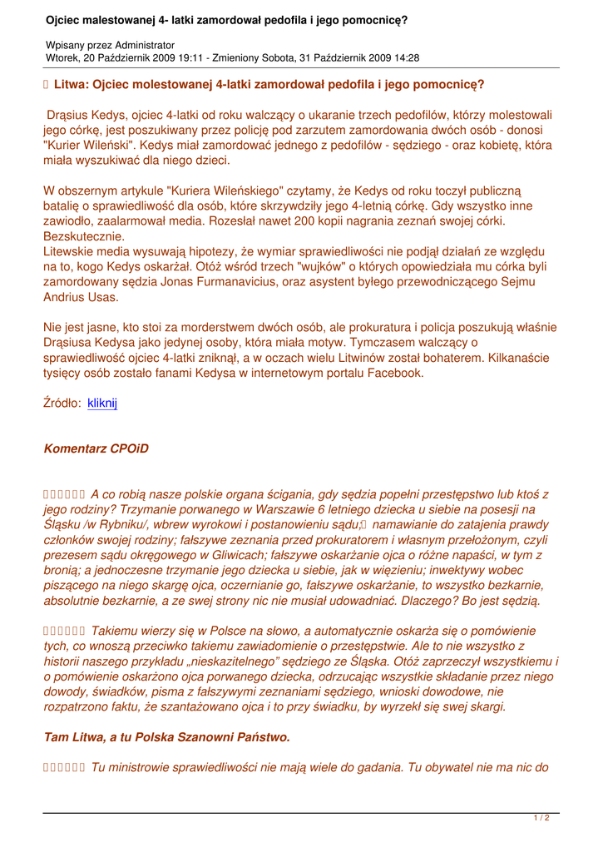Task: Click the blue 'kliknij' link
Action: (x=102, y=403)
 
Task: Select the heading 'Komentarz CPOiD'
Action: (x=96, y=448)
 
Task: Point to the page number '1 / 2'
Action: (x=541, y=818)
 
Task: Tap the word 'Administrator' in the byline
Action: (x=143, y=45)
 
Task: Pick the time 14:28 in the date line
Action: (x=405, y=58)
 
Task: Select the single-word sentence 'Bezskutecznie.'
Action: (x=83, y=235)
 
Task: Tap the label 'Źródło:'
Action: (x=62, y=403)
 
